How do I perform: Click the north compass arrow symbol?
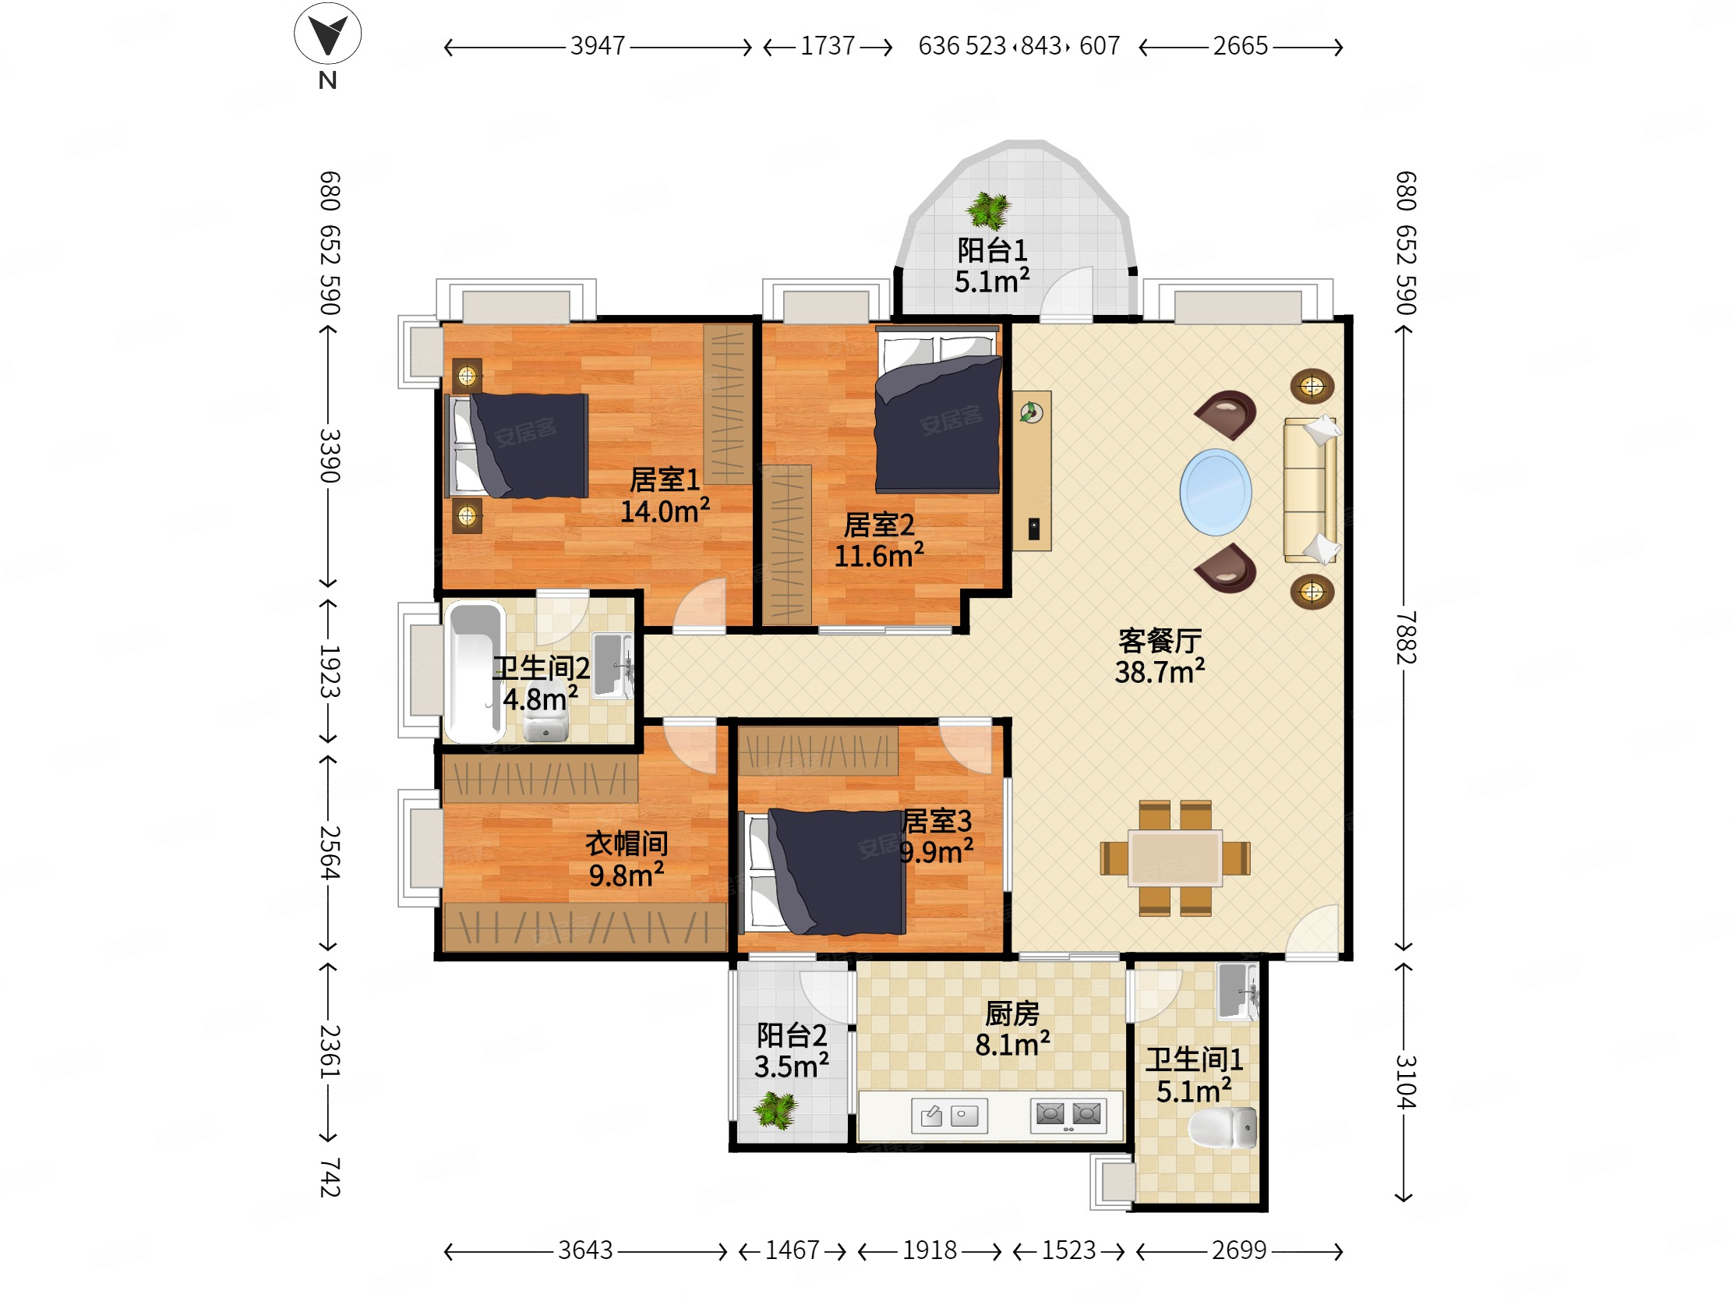coord(327,34)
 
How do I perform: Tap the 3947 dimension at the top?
coord(598,46)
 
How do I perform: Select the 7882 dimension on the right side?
coord(1405,638)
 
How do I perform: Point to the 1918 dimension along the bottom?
coord(929,1250)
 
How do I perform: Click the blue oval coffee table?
coord(1216,492)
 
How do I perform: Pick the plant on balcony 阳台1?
coord(989,210)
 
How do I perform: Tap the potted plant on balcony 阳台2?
coord(775,1109)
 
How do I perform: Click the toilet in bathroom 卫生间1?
coord(1223,1127)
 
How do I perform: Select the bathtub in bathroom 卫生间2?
coord(474,671)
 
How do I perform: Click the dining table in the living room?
coord(1174,858)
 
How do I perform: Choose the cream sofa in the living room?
coord(1310,490)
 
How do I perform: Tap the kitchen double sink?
coord(949,1116)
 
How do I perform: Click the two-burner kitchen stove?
coord(1068,1116)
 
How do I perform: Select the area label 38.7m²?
coord(1159,672)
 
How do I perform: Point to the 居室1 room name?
coord(665,479)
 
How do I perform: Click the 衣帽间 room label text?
coord(627,844)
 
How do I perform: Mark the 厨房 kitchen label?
coord(1012,1013)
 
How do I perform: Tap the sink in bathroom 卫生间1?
coord(1237,992)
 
